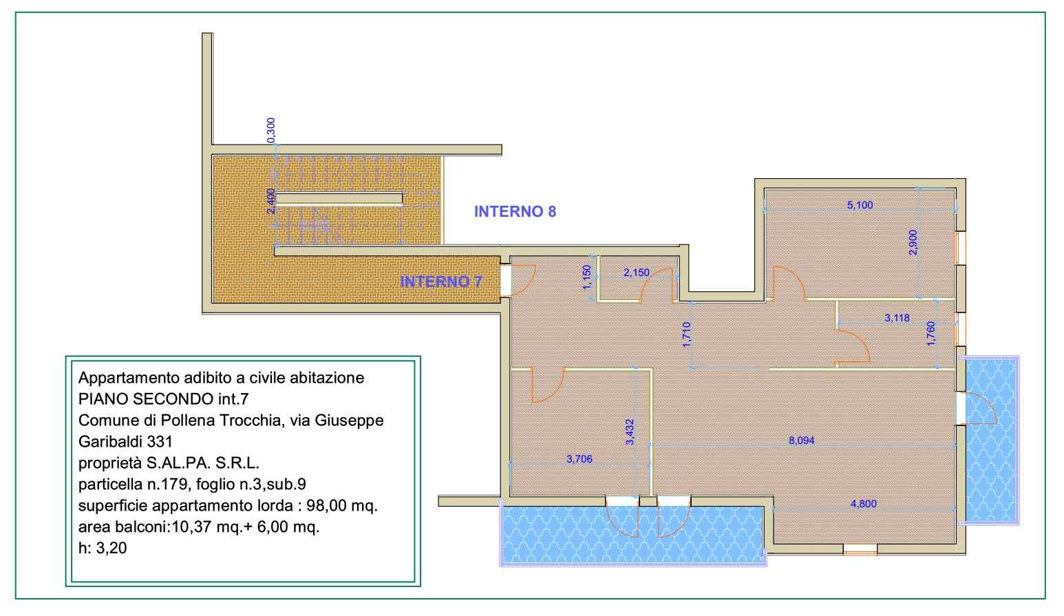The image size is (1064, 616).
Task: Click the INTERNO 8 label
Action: point(515,211)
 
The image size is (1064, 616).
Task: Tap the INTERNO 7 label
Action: point(440,282)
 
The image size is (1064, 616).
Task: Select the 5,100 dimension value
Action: point(860,205)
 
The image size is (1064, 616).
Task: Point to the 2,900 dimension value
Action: point(913,242)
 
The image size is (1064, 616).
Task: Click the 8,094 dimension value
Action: point(801,440)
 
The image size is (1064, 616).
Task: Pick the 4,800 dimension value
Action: point(863,504)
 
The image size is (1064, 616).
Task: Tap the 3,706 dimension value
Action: point(579,459)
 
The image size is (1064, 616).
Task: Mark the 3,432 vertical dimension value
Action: point(630,432)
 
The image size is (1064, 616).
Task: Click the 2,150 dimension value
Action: point(636,273)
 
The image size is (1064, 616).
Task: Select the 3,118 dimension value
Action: point(897,318)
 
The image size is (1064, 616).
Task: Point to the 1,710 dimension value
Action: point(686,334)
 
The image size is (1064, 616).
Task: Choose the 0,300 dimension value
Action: point(270,130)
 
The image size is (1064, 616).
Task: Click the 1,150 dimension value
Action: point(587,277)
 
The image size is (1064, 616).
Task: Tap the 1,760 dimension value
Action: point(930,333)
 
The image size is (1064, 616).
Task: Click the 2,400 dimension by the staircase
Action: point(270,202)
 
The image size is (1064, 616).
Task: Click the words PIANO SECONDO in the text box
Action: point(146,399)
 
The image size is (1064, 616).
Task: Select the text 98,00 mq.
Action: point(341,505)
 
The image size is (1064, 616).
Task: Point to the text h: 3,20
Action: point(103,548)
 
